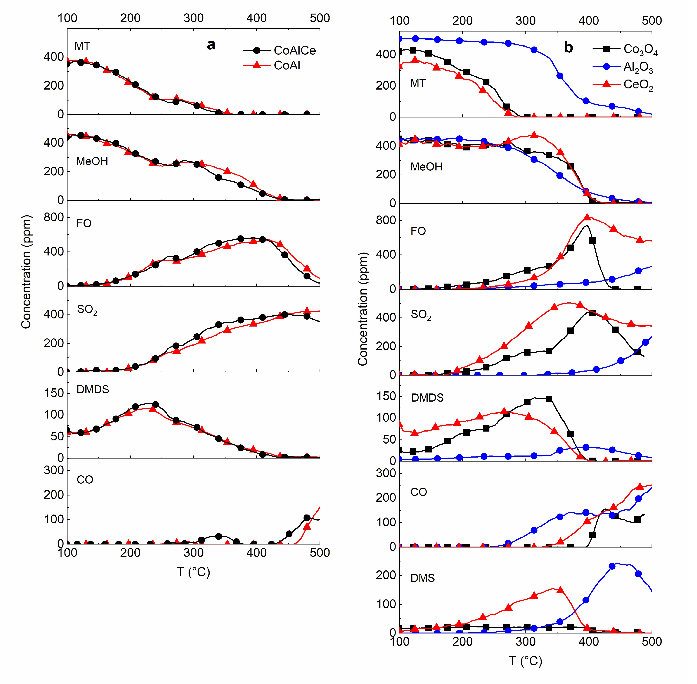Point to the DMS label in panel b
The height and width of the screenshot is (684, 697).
point(422,578)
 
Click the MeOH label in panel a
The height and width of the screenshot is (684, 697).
point(92,162)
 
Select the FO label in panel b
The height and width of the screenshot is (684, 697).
point(418,231)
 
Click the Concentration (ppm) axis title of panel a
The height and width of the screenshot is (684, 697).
point(26,272)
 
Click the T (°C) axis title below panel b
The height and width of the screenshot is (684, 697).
point(525,661)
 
